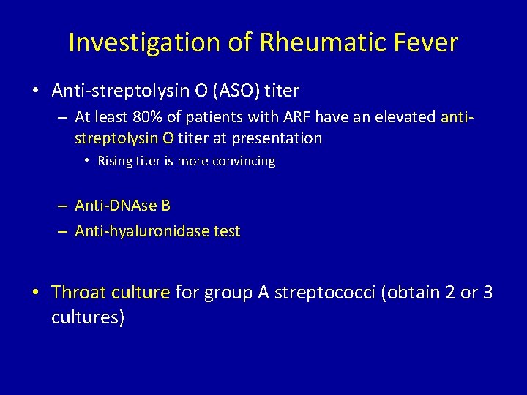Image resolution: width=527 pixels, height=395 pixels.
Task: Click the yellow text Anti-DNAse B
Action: pyautogui.click(x=122, y=206)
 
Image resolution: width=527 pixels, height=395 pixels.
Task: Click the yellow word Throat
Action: pyautogui.click(x=78, y=293)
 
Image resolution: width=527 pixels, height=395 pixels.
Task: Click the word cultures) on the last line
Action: pyautogui.click(x=88, y=317)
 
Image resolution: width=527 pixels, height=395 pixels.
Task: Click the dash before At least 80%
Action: pyautogui.click(x=63, y=118)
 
